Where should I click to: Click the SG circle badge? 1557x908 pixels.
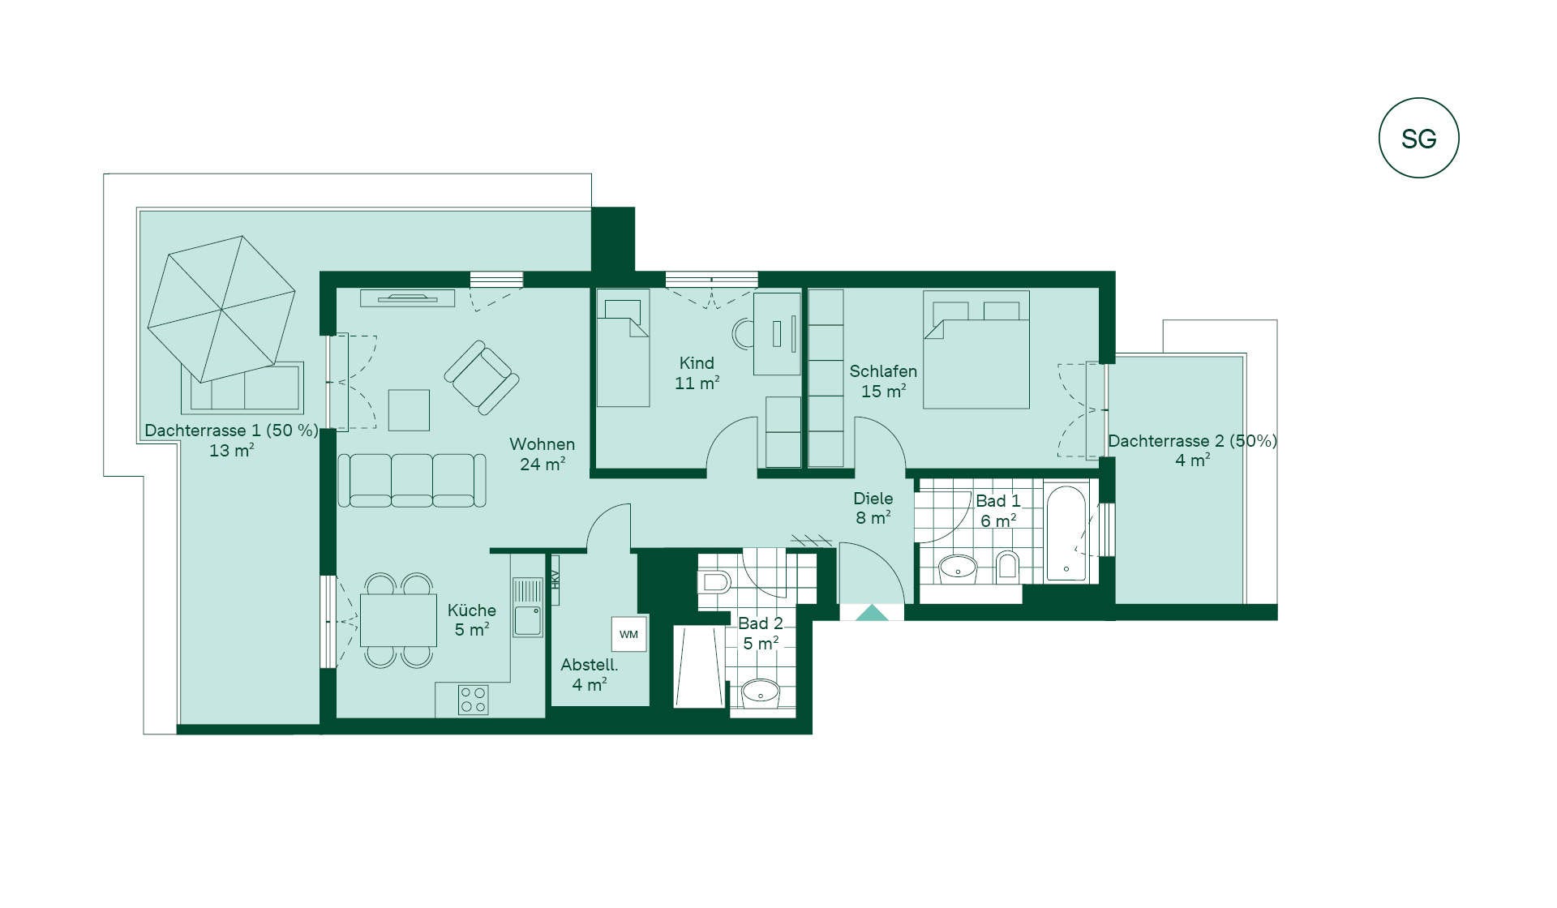point(1418,138)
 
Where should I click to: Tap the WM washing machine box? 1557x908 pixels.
point(628,634)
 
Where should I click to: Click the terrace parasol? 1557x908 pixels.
point(221,308)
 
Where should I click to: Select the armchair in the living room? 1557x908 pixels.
point(482,377)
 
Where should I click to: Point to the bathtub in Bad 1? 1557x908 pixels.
point(1066,533)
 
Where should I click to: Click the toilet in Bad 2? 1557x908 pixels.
point(714,581)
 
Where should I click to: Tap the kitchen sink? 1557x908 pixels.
point(527,607)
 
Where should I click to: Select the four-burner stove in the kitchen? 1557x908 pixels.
point(473,700)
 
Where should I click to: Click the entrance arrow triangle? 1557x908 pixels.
point(872,613)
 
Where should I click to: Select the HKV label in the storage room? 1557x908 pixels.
point(555,580)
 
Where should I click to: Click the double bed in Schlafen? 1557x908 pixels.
point(976,349)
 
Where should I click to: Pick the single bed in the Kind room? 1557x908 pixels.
point(623,348)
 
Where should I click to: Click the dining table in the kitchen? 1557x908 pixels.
point(398,620)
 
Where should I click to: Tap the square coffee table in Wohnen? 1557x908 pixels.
point(409,410)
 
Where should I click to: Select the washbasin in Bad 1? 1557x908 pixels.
point(958,568)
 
